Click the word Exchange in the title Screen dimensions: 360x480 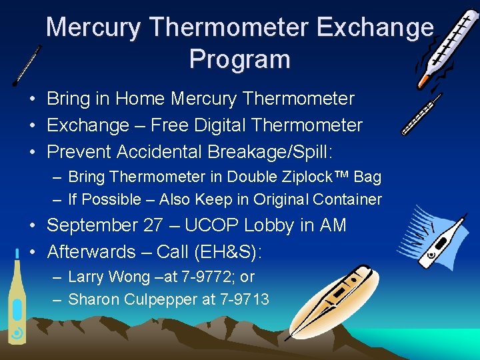[x=375, y=27]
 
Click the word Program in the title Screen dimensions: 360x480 [x=239, y=59]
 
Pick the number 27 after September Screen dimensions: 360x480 [x=151, y=225]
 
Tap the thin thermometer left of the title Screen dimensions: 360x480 [x=27, y=66]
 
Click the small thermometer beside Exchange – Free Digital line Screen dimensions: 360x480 [x=421, y=114]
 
